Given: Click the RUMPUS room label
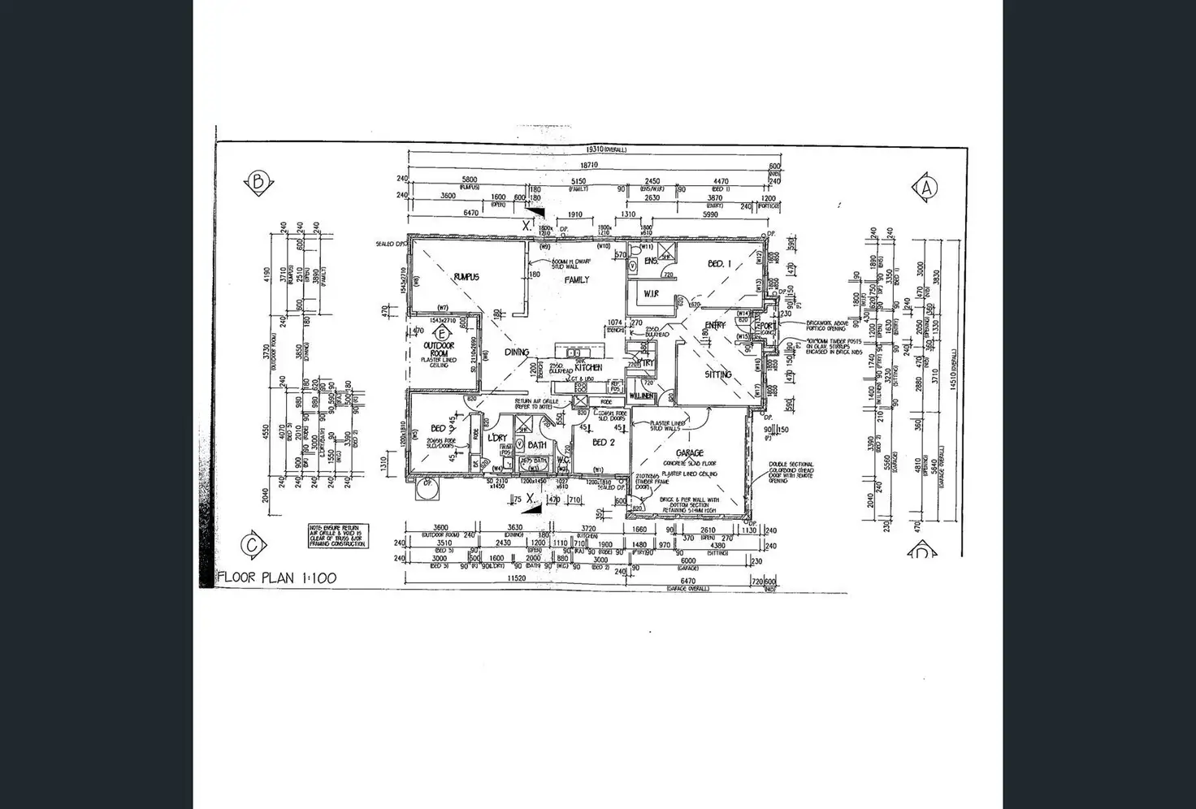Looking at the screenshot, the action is [466, 277].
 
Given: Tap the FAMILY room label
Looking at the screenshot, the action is [577, 279].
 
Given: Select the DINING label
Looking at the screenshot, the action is [517, 353].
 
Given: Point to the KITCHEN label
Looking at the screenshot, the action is [588, 368].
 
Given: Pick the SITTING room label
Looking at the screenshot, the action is [718, 374].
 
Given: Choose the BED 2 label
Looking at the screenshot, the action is [604, 443].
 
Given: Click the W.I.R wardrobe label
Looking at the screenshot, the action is [651, 292].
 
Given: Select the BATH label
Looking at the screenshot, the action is [537, 445].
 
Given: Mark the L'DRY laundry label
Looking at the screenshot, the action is [497, 439].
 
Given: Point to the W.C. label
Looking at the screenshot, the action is [562, 460].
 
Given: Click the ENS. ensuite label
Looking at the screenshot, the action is [650, 262].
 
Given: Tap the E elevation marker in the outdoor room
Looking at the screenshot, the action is [442, 333].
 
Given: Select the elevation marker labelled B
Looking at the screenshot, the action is [258, 182].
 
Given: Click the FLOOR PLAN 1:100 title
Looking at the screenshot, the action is [277, 578].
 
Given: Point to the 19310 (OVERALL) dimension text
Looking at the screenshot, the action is [605, 150].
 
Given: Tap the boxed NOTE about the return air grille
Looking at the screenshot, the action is [337, 536].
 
